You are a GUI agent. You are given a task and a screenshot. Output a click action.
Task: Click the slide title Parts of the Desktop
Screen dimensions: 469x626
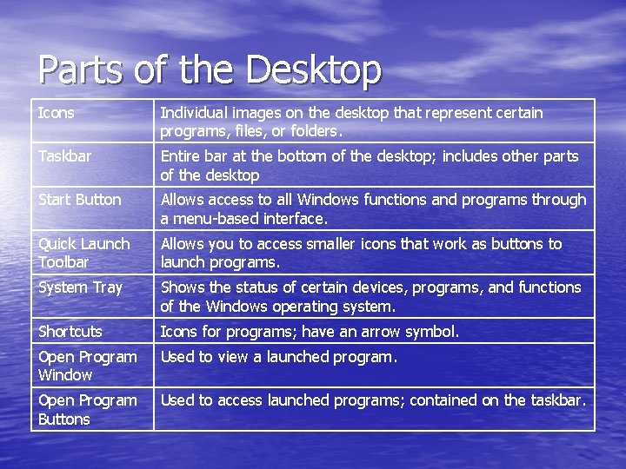point(210,69)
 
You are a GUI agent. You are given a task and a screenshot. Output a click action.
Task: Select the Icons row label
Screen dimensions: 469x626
point(57,113)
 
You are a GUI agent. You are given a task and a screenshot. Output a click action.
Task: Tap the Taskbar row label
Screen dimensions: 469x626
point(64,156)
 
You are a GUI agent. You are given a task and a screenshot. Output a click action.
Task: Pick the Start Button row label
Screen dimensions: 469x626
point(80,200)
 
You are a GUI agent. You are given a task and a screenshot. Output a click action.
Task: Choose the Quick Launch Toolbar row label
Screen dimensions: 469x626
point(83,253)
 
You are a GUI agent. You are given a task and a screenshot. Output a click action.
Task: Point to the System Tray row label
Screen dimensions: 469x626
point(80,287)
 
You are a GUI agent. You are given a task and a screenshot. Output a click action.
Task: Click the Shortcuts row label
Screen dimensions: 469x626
point(70,332)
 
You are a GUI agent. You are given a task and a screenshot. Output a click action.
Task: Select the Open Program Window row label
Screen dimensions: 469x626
point(87,366)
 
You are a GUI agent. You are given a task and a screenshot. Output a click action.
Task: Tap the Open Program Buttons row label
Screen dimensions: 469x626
point(87,409)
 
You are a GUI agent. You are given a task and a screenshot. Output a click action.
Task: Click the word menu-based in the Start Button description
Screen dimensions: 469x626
point(214,219)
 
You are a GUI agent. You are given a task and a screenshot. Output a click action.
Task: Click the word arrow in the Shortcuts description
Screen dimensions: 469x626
point(373,332)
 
